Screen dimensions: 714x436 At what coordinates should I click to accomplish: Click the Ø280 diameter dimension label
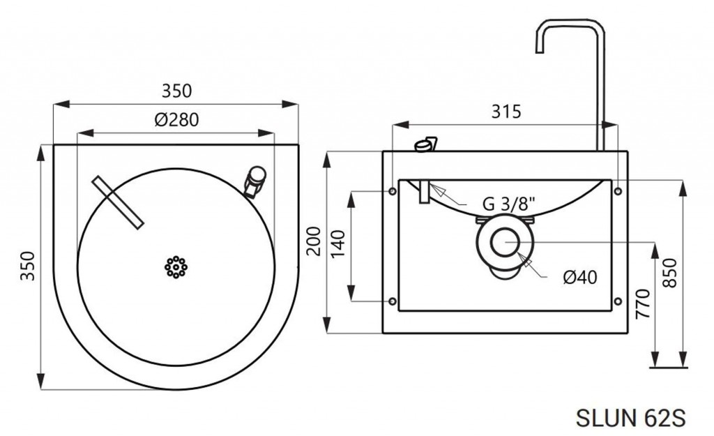pos(176,120)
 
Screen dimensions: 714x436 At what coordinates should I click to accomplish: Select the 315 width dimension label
pos(506,112)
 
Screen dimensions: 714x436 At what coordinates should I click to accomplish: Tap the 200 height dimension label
pos(314,241)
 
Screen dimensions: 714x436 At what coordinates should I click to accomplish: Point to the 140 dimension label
pos(338,244)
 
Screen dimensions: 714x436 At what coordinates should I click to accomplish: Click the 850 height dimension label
pos(669,273)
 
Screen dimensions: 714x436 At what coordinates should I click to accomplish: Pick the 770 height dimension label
pos(642,303)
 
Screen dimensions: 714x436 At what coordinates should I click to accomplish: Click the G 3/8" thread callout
pos(508,204)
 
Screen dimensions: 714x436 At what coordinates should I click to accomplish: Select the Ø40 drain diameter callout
pos(580,277)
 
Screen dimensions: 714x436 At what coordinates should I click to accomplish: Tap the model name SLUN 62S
pos(630,418)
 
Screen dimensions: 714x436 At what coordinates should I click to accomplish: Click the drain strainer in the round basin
pos(176,267)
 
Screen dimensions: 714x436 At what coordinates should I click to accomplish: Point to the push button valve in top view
pos(255,181)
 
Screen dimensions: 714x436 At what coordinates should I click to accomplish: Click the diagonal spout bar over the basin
pos(118,202)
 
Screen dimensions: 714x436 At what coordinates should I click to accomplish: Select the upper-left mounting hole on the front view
pos(393,191)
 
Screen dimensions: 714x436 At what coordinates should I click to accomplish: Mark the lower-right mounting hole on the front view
pos(618,301)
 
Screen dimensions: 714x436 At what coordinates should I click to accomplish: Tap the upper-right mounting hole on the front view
pos(618,191)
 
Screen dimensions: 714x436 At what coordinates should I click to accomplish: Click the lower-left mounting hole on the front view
pos(393,301)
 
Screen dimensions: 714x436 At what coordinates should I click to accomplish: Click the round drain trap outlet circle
pos(505,242)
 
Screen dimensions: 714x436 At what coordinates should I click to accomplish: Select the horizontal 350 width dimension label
pos(176,91)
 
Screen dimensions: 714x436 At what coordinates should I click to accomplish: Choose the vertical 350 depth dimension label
pos(28,266)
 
